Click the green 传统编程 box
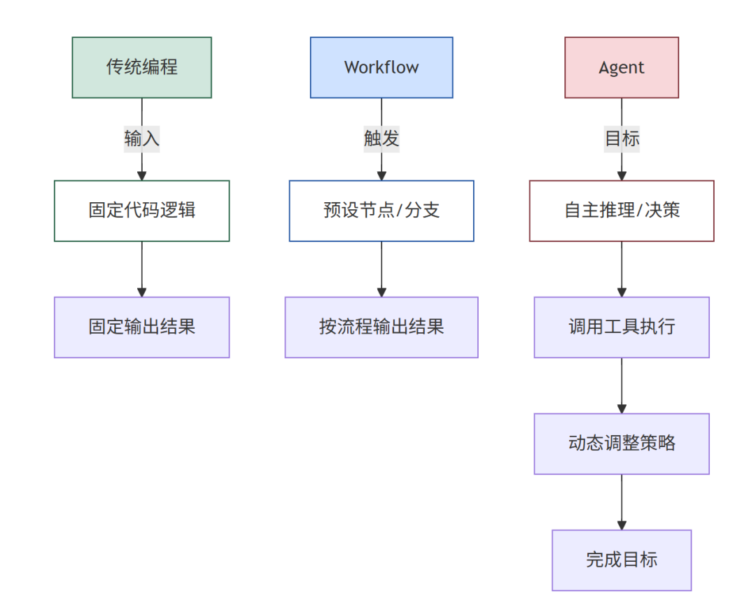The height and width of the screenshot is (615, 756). pyautogui.click(x=141, y=67)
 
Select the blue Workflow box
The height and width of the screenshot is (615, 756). pyautogui.click(x=381, y=67)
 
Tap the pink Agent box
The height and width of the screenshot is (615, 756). pyautogui.click(x=622, y=67)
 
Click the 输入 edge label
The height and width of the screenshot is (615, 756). pyautogui.click(x=141, y=139)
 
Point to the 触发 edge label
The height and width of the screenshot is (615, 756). pyautogui.click(x=381, y=139)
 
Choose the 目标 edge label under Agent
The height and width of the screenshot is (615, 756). pyautogui.click(x=622, y=139)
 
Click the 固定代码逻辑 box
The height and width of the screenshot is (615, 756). pyautogui.click(x=141, y=211)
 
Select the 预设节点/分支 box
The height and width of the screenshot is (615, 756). pyautogui.click(x=381, y=211)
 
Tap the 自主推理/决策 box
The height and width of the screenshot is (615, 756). pyautogui.click(x=622, y=211)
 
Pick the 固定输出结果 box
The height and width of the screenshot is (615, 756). pyautogui.click(x=141, y=327)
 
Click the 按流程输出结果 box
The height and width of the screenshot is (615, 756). pyautogui.click(x=381, y=327)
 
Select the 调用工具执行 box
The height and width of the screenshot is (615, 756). pyautogui.click(x=622, y=327)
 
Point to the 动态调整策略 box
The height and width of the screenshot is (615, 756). pyautogui.click(x=622, y=444)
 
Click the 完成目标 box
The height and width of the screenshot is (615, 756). pyautogui.click(x=622, y=560)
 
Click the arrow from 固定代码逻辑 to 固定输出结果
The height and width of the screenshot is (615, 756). pyautogui.click(x=141, y=269)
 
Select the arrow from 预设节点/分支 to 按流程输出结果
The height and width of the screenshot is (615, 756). pyautogui.click(x=381, y=269)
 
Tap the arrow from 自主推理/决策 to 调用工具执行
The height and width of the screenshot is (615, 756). pyautogui.click(x=622, y=269)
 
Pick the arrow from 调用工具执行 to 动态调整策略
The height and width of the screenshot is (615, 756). pyautogui.click(x=622, y=386)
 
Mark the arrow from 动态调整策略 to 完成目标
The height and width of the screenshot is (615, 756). pyautogui.click(x=622, y=502)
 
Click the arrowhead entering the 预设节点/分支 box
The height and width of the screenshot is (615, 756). pyautogui.click(x=381, y=176)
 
